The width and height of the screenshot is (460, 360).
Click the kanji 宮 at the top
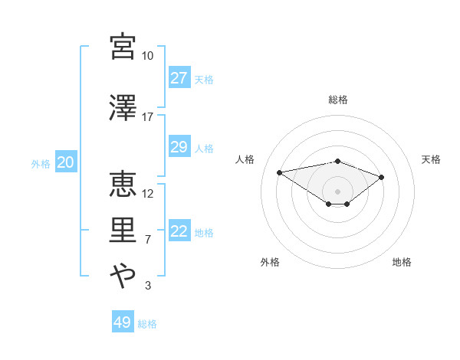(x=123, y=47)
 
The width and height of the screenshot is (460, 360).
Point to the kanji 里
(x=123, y=231)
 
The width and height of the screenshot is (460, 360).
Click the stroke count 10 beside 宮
(x=147, y=56)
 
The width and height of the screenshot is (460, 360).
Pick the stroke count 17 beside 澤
(x=147, y=117)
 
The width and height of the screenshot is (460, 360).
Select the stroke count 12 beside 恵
(x=148, y=193)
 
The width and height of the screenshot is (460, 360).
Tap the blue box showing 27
(x=179, y=78)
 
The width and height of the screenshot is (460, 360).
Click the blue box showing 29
(x=179, y=147)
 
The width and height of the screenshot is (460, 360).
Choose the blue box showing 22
(x=179, y=231)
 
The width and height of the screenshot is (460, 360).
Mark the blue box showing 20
(x=65, y=162)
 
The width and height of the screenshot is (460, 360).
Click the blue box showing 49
(x=122, y=322)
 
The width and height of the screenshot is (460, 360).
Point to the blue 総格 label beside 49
(x=147, y=324)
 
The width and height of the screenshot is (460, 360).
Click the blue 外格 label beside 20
(x=40, y=163)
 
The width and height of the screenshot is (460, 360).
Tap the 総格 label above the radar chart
(x=338, y=100)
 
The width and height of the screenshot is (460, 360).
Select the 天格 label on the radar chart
(x=431, y=159)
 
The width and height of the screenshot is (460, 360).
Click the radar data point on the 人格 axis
(x=280, y=172)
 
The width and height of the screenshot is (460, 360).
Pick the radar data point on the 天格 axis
(x=382, y=177)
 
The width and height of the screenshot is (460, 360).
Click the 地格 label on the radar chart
(x=402, y=262)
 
